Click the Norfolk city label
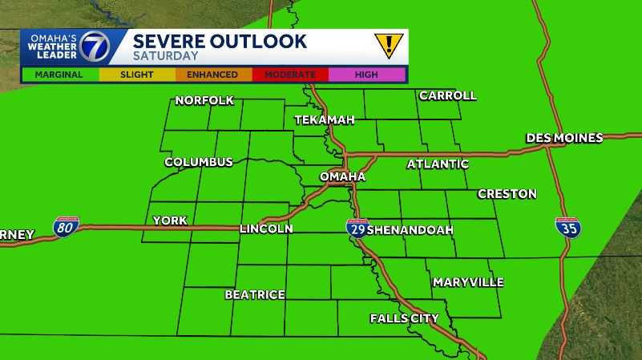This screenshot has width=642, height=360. (x=204, y=100)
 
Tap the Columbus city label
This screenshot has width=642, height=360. (x=198, y=162)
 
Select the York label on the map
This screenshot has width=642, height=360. (x=169, y=220)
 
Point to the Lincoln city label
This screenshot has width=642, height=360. (x=266, y=229)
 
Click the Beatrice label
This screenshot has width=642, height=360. (x=254, y=294)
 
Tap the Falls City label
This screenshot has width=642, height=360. (x=404, y=318)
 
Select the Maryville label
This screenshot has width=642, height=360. (x=468, y=282)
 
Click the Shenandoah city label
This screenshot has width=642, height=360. (x=410, y=230)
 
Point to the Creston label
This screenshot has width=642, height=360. (x=507, y=194)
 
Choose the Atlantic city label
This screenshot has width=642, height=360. (x=438, y=164)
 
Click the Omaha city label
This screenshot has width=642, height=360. (x=342, y=176)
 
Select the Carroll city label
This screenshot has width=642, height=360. (x=447, y=95)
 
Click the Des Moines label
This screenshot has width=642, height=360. (x=564, y=138)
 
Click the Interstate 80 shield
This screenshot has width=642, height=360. (x=66, y=227)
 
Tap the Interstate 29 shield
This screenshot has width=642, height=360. (x=357, y=228)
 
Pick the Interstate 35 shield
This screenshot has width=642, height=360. (x=568, y=227)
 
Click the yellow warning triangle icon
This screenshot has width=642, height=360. (x=388, y=45)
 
